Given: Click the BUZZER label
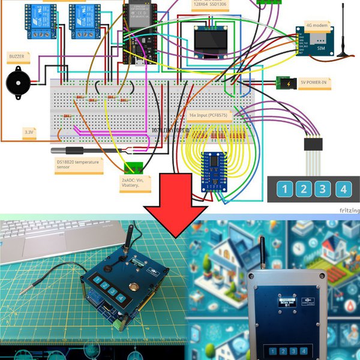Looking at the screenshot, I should click(17, 56).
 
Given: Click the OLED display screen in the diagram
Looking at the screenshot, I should click(211, 41).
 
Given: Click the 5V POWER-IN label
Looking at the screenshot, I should click(313, 83).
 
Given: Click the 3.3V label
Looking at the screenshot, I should click(29, 131).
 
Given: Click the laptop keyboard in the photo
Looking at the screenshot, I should click(36, 240).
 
